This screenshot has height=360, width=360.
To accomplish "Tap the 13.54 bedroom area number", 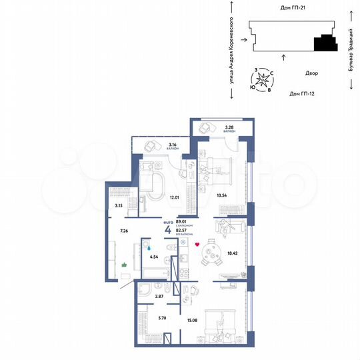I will [x=223, y=195].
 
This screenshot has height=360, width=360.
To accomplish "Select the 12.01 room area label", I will [x=175, y=197].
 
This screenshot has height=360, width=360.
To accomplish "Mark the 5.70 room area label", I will [x=151, y=319].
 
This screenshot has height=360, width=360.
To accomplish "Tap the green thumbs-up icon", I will [x=125, y=265].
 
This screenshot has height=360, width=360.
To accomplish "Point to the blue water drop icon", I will [x=149, y=244].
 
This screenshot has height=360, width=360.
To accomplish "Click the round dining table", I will [x=215, y=253].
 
